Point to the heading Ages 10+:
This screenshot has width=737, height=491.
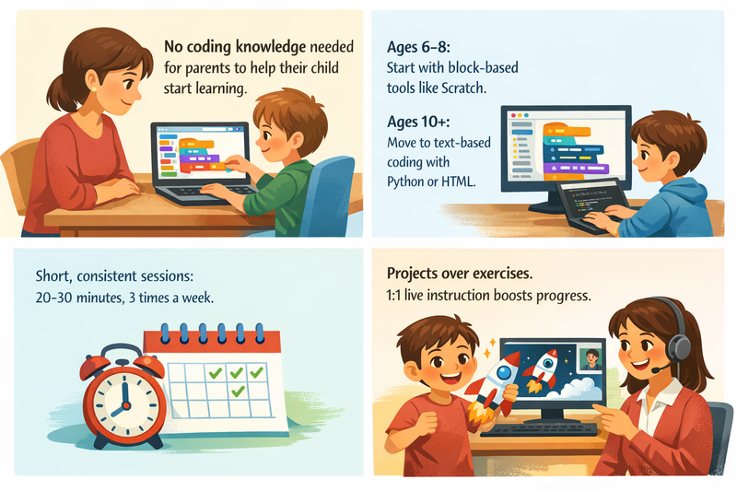coord(427,119)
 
